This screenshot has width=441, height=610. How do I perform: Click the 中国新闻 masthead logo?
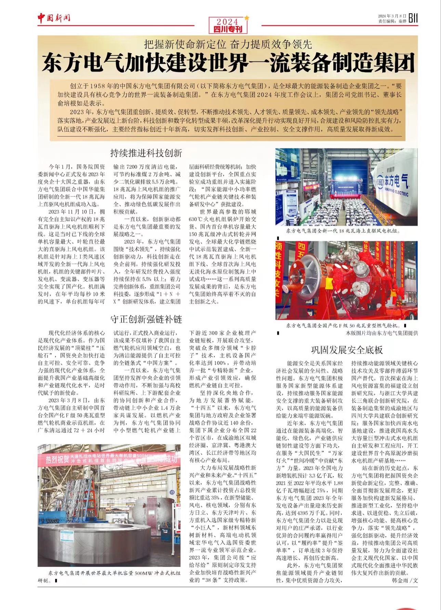[54, 18]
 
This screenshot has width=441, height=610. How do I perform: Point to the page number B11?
[413, 18]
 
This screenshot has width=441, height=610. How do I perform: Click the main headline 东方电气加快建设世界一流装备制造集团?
[228, 63]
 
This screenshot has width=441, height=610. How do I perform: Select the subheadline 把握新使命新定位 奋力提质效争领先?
[228, 44]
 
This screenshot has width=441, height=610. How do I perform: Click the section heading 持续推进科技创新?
[146, 153]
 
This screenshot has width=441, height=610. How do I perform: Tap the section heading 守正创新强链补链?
[146, 319]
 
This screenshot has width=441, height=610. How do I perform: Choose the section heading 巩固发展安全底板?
[347, 350]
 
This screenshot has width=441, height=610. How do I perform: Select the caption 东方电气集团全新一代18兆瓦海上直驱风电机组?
[343, 231]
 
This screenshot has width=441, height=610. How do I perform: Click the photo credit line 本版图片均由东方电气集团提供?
[382, 333]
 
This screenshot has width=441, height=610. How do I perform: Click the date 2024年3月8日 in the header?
[392, 16]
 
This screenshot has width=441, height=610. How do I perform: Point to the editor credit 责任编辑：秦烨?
[392, 21]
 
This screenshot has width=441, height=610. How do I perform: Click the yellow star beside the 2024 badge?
[246, 18]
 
